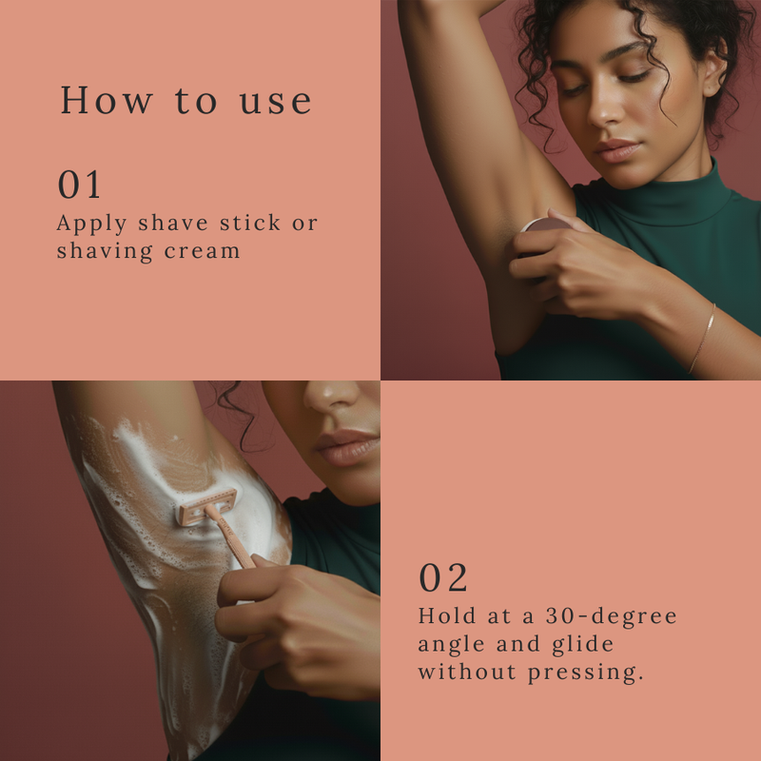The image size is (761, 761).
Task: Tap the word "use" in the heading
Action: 275,102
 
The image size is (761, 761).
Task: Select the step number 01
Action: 79,185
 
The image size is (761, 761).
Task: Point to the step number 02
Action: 442,577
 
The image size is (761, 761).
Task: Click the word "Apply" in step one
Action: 91,224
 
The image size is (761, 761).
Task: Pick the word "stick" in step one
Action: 250,223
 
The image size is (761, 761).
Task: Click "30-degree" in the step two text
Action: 611,616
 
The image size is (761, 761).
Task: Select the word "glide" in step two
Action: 583,645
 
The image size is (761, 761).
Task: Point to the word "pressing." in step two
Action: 586,673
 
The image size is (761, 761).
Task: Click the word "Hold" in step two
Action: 446,615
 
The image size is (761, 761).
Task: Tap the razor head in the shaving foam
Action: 207,507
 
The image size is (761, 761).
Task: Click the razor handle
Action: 230,537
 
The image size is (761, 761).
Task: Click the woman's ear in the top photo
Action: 716,68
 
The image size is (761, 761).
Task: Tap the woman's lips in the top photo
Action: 616,150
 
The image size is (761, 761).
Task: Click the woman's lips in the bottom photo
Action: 345,446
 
